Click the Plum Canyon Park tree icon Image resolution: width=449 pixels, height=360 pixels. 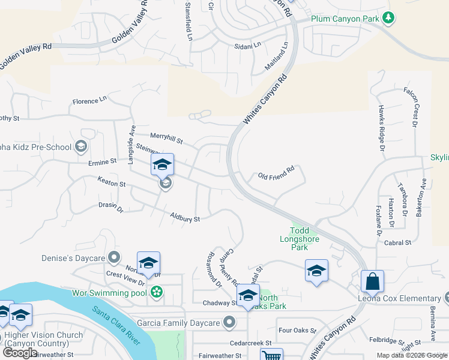coord(389,18)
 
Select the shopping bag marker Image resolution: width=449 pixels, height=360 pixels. coord(372,281)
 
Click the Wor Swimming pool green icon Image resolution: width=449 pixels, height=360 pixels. coord(157,292)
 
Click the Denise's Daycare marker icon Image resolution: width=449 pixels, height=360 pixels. coord(113,258)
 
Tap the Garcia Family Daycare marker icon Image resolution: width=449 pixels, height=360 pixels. coord(229,323)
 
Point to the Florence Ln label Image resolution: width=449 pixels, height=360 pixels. coord(89,100)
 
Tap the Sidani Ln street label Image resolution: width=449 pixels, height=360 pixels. coord(248,46)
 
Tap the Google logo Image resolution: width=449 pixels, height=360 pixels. coord(20,352)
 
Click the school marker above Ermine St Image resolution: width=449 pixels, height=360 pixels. coord(162,165)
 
